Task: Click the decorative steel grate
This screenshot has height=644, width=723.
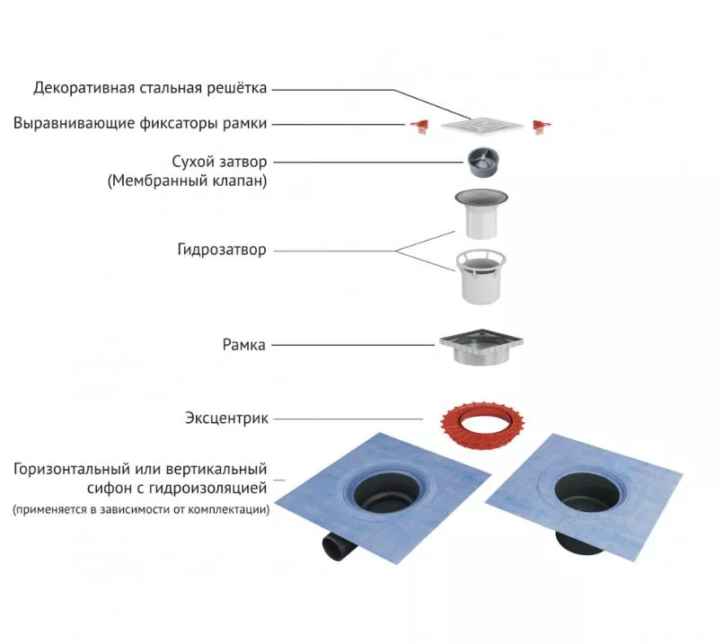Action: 482,125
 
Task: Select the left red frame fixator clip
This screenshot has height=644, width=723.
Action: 420,126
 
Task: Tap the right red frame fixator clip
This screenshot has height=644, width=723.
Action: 542,126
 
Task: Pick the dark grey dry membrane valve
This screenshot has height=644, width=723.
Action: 483,162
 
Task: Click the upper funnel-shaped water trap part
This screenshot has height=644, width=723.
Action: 481,214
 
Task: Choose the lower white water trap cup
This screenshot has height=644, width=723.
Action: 481,277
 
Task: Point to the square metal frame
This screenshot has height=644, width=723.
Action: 481,347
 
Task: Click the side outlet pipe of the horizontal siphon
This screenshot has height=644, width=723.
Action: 338,546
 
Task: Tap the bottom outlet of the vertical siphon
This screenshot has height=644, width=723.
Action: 581,543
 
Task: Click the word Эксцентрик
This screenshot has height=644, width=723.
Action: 226,419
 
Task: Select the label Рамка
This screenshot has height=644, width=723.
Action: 244,345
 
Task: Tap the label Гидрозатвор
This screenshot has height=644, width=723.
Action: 222,250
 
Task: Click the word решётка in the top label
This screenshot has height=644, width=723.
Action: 236,88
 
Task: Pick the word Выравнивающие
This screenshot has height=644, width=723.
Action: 74,124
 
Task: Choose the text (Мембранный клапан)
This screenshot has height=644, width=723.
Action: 187,181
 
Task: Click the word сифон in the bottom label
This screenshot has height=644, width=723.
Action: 109,488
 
